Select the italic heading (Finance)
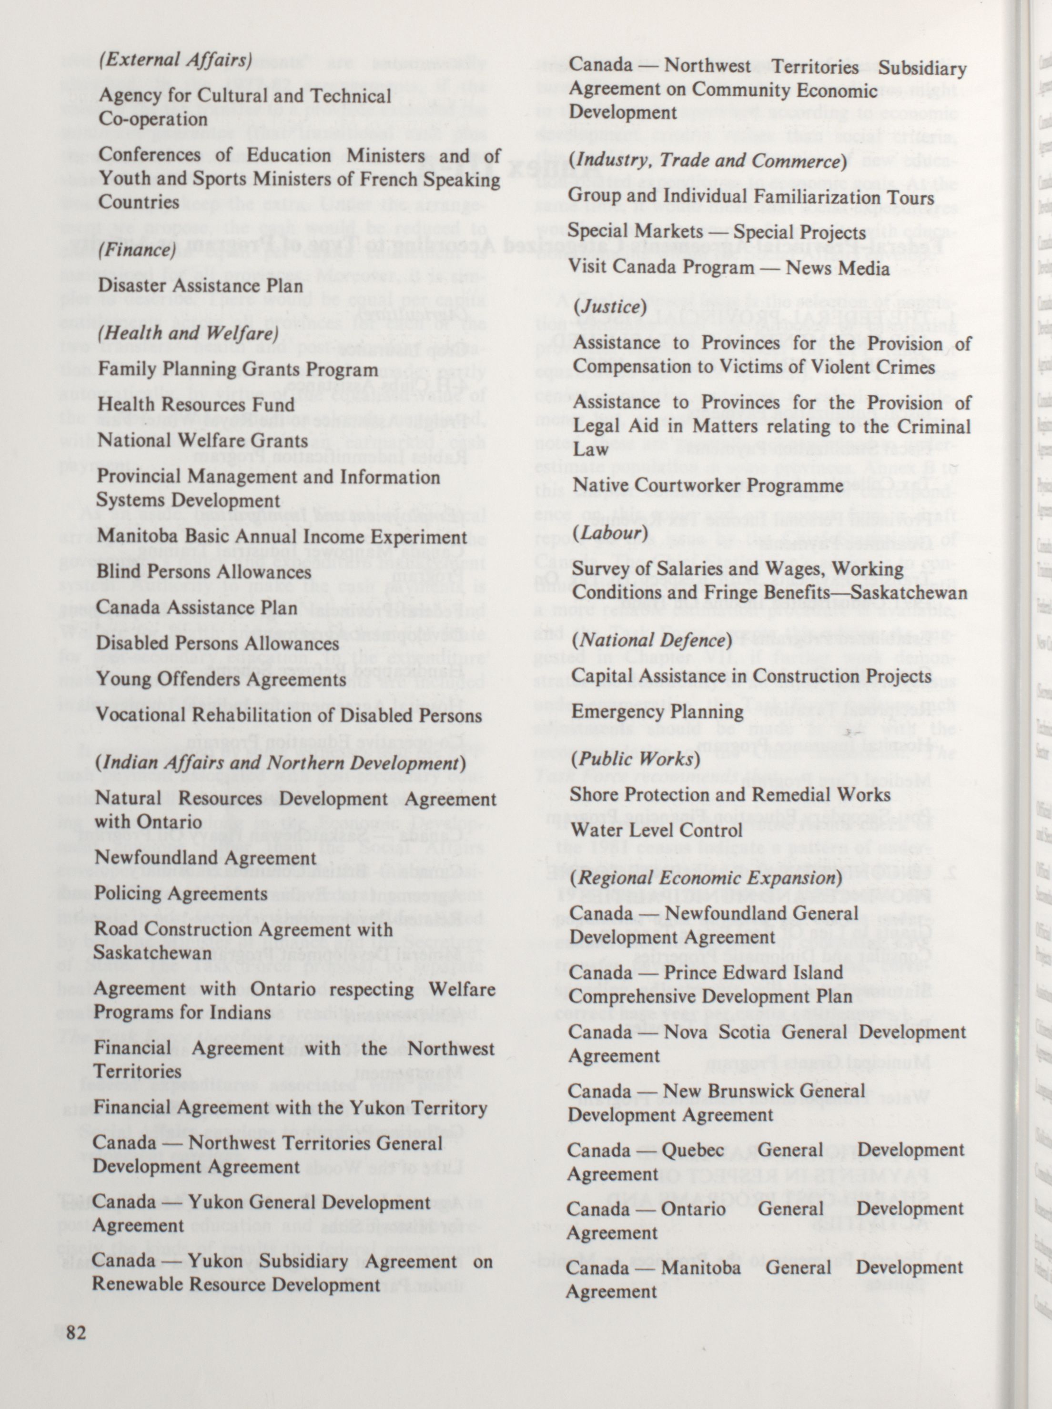tap(137, 250)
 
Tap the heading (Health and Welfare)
tap(188, 333)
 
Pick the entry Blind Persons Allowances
tap(204, 571)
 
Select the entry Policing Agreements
tap(181, 893)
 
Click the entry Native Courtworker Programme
tap(708, 485)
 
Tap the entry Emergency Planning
tap(657, 711)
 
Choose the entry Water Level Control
tap(656, 830)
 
